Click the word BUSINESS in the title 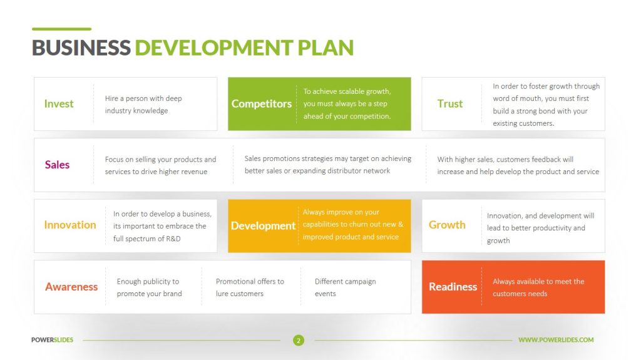[x=81, y=48]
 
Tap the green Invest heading [x=59, y=104]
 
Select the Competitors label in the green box [x=262, y=104]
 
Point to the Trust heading [x=450, y=104]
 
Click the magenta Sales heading [x=57, y=165]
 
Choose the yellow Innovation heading [x=70, y=225]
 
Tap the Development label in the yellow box [x=263, y=225]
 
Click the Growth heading [x=447, y=225]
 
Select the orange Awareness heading [x=71, y=287]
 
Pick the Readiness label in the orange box [x=453, y=287]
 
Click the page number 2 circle [x=299, y=341]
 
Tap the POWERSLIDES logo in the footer [x=52, y=340]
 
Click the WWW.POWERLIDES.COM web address [x=556, y=340]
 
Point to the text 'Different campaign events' [x=345, y=287]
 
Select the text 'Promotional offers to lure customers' [x=250, y=287]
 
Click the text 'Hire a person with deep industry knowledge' [x=143, y=105]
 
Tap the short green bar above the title [x=61, y=29]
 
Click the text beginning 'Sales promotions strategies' [x=327, y=165]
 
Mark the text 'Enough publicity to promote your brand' [x=149, y=287]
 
